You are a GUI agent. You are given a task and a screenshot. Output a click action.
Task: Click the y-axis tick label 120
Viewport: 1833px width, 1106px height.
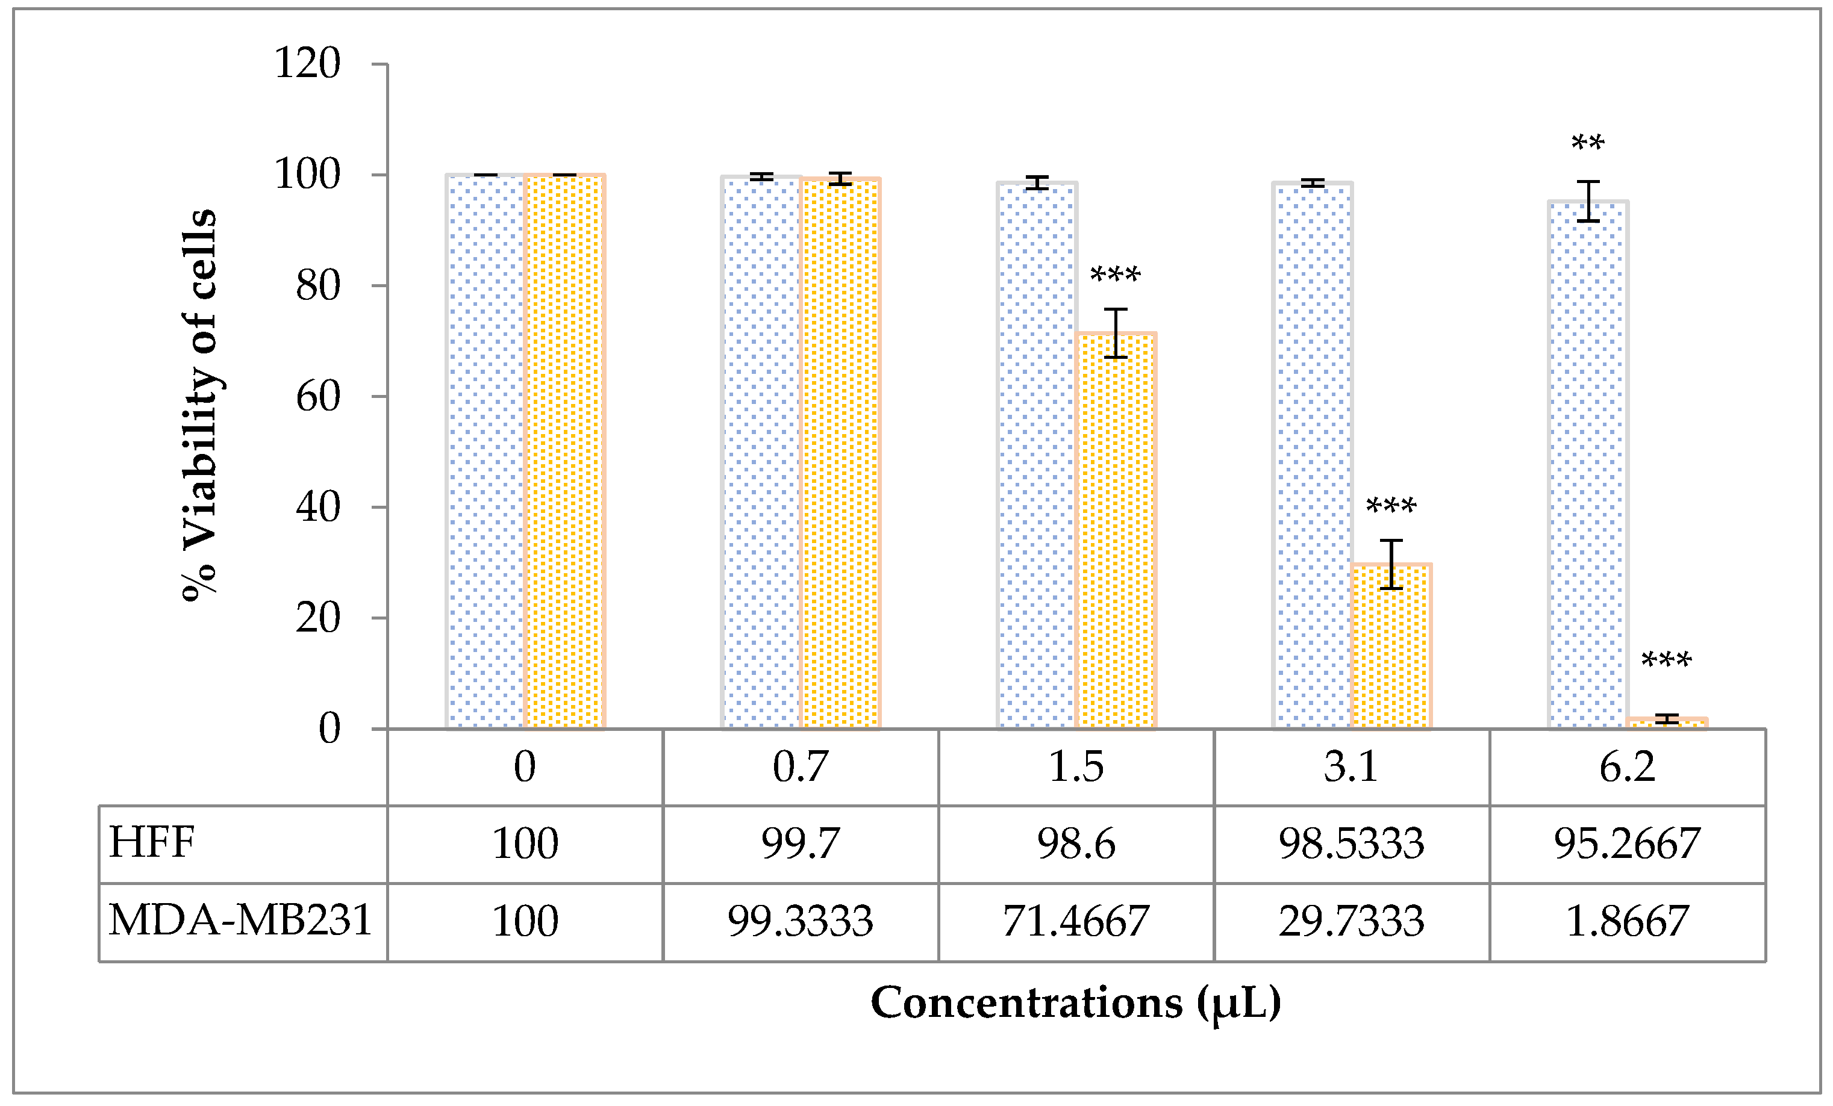[307, 63]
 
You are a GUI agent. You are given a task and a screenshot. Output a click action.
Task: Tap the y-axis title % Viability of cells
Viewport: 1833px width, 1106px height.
[199, 405]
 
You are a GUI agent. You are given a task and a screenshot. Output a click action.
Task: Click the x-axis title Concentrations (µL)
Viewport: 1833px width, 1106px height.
[1076, 1002]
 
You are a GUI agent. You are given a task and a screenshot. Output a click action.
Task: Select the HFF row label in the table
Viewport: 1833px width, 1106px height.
[152, 843]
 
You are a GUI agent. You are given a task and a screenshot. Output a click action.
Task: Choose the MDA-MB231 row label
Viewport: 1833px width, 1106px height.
[240, 920]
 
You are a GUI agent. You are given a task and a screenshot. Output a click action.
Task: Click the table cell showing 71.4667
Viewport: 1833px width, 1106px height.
[1076, 921]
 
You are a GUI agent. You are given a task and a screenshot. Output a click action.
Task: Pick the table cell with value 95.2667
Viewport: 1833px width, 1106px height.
[1627, 843]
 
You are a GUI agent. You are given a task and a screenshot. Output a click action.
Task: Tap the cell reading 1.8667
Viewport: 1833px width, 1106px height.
[1627, 921]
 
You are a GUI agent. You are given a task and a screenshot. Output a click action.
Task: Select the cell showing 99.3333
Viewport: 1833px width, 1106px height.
[800, 921]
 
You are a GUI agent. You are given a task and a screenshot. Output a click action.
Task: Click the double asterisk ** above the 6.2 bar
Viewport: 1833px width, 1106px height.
[1587, 143]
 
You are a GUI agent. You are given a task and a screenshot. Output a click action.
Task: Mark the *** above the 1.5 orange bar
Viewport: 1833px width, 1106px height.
[1115, 275]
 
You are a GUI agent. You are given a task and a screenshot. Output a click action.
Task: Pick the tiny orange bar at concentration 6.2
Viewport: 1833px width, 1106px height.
[1666, 724]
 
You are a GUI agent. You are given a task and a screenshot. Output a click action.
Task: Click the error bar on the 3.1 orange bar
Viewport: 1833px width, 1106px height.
[1391, 564]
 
